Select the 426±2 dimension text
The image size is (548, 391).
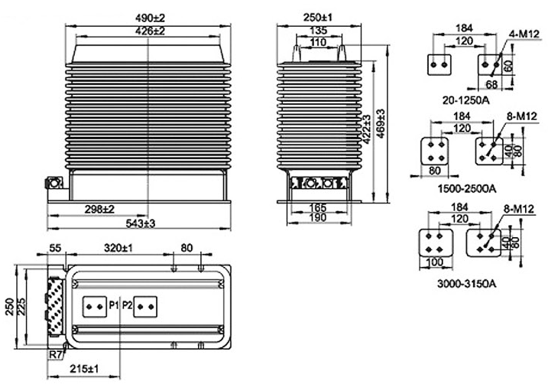click(148, 31)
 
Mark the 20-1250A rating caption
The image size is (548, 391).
click(465, 99)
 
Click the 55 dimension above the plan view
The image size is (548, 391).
click(54, 249)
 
